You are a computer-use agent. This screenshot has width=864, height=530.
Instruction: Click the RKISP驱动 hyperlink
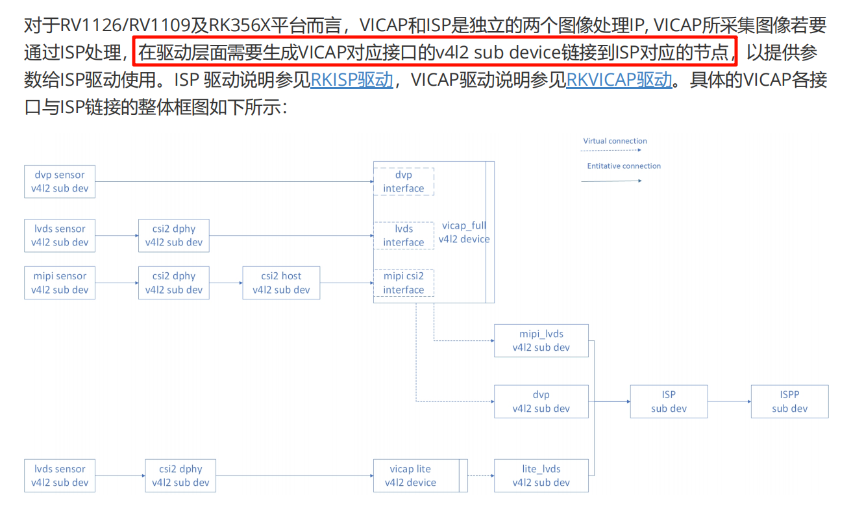(x=352, y=80)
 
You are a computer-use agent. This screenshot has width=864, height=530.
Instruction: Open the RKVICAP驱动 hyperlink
(x=619, y=80)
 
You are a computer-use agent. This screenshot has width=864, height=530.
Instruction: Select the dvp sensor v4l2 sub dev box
(x=60, y=182)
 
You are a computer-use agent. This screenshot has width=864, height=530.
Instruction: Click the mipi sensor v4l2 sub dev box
(x=60, y=283)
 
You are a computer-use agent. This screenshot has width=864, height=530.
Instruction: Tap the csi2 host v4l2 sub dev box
(x=281, y=283)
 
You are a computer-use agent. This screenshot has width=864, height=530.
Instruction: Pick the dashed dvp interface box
(x=403, y=182)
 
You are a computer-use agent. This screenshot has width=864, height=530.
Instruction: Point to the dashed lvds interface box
(x=403, y=236)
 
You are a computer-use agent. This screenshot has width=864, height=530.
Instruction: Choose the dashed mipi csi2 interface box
(x=403, y=283)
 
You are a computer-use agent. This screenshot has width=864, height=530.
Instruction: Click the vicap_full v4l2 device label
(x=463, y=233)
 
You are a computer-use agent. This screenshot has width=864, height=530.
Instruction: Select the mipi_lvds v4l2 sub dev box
(x=541, y=341)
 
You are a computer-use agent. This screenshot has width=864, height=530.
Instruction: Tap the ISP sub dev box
(x=669, y=401)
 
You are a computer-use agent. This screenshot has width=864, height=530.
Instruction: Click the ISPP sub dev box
(x=789, y=401)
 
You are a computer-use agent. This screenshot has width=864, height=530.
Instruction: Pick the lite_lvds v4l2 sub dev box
(x=541, y=476)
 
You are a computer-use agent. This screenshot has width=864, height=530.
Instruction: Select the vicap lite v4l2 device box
(x=413, y=476)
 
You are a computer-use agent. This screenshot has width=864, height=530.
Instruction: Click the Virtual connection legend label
(x=615, y=141)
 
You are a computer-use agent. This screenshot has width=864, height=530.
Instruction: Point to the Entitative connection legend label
(x=624, y=166)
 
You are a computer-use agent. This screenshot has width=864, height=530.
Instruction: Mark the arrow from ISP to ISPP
(x=729, y=401)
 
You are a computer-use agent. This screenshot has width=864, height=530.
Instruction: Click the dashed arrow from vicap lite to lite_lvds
(x=480, y=476)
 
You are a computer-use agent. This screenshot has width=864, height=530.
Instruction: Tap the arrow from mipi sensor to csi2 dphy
(x=117, y=283)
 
